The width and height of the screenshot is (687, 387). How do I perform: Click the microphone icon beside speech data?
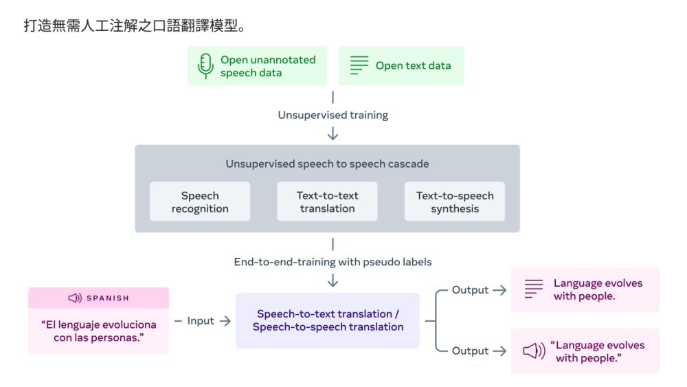205,66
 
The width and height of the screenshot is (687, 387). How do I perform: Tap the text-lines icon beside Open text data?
359,65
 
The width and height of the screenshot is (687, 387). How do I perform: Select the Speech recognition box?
200,201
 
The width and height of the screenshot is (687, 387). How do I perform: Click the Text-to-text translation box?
327,201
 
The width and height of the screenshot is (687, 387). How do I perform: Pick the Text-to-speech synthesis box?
455,201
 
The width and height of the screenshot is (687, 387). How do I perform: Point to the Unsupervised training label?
333,115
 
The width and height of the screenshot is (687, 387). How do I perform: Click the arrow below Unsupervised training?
333,133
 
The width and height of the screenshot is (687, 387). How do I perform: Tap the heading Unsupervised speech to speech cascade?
327,164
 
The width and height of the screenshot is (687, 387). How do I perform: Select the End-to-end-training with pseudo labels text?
333,262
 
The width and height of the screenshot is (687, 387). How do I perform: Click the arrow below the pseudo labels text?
333,280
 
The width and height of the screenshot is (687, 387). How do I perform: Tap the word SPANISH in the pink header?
108,298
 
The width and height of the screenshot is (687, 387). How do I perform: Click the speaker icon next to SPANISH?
75,298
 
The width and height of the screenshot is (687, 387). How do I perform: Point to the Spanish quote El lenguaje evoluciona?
98,331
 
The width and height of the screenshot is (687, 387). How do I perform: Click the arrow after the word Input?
225,321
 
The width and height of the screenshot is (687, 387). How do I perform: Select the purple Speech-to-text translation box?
327,320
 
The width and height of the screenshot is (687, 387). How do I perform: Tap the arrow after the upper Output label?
499,290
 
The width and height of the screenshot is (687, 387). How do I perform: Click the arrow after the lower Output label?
499,351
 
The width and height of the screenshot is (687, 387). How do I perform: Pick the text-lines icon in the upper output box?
534,289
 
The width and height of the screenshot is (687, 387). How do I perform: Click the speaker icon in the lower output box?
534,351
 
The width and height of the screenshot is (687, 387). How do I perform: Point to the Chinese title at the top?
135,26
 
